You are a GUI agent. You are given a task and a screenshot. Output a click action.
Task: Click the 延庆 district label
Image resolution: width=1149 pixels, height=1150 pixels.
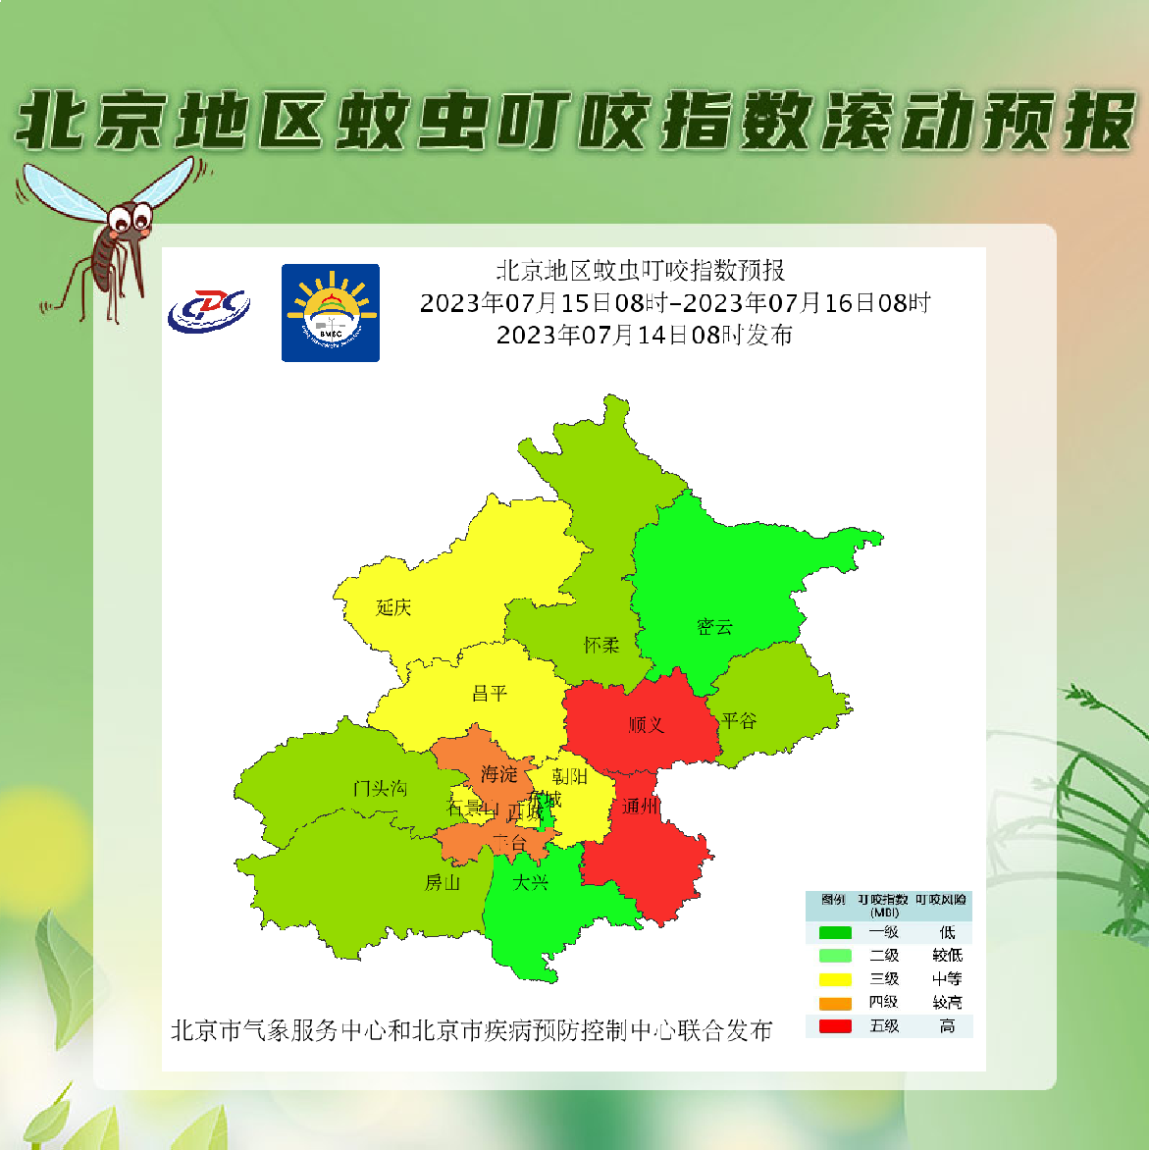click(393, 607)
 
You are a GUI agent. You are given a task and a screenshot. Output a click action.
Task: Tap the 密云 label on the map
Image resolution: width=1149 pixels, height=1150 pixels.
click(714, 626)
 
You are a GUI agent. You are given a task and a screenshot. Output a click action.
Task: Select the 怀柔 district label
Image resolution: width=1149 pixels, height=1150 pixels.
click(601, 645)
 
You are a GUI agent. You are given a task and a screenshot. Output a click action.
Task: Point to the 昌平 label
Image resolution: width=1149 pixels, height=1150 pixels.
click(490, 694)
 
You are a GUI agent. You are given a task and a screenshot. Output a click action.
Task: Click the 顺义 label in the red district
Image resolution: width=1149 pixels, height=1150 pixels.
click(647, 724)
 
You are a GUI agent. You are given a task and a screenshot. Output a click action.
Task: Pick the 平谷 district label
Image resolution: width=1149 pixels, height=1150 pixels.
click(739, 720)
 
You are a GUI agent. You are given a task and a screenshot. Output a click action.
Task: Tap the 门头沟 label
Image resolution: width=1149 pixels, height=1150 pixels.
click(380, 788)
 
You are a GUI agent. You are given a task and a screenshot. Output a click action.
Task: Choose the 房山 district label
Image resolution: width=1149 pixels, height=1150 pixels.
click(443, 882)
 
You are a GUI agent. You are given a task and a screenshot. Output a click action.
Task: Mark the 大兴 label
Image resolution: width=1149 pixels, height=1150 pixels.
click(531, 882)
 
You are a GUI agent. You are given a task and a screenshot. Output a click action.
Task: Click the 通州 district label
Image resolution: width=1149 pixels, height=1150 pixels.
click(640, 807)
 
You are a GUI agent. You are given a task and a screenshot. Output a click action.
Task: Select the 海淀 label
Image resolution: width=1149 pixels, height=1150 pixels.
click(498, 774)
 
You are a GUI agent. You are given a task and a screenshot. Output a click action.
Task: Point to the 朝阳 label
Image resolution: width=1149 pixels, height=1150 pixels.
click(569, 776)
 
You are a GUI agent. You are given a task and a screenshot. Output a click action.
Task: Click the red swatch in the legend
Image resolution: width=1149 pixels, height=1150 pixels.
click(835, 1026)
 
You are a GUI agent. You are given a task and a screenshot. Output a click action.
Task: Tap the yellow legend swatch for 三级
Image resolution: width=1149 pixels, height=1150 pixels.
click(835, 979)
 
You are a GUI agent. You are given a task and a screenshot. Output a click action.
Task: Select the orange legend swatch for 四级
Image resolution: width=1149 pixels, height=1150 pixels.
click(835, 1003)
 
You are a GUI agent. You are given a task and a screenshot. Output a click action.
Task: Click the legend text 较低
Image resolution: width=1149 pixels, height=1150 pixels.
click(947, 956)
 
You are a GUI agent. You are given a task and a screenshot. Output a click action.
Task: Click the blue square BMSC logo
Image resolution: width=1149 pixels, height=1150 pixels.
click(331, 313)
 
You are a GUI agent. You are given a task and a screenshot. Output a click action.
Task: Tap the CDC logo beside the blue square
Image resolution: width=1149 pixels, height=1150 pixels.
click(208, 311)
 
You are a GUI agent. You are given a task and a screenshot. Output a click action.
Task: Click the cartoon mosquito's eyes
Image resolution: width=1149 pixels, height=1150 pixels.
click(131, 215)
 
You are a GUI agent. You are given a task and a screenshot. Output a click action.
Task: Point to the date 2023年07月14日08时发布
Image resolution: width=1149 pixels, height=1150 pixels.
click(645, 336)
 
